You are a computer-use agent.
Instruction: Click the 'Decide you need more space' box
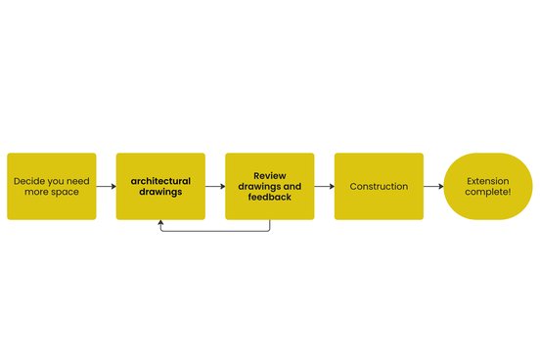[52, 187]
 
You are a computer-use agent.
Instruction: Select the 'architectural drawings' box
[160, 187]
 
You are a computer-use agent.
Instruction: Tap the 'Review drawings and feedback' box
[270, 187]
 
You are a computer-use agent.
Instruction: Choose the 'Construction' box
[379, 187]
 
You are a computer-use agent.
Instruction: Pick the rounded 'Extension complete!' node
[488, 187]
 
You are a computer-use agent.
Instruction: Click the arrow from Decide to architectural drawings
[106, 187]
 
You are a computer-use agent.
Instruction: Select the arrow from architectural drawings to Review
[215, 187]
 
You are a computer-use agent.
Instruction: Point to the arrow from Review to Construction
[325, 187]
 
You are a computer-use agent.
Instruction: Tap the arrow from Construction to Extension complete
[433, 187]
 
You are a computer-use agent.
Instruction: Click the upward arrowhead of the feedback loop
[160, 222]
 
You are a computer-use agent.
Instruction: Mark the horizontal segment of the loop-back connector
[215, 231]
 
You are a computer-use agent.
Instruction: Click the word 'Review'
[270, 176]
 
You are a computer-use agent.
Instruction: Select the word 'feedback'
[270, 197]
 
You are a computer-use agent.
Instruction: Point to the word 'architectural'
[160, 181]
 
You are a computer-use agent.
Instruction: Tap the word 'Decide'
[27, 181]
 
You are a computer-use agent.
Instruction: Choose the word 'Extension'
[488, 181]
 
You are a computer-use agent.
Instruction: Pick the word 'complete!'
[488, 192]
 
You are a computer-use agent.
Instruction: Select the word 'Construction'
[379, 187]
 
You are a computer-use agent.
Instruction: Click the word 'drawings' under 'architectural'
[160, 192]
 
